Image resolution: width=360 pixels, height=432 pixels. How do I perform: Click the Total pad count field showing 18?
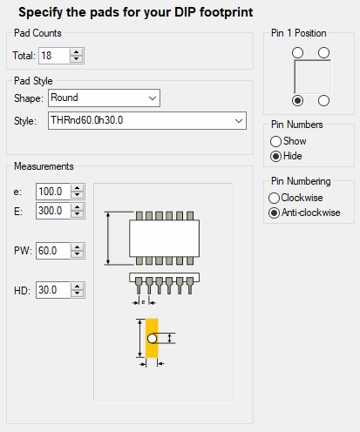(54, 56)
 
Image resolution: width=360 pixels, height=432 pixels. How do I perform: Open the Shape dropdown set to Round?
(104, 98)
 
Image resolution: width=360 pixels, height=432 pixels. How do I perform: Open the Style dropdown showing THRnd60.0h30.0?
(147, 120)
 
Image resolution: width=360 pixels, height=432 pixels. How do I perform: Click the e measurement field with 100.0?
(53, 192)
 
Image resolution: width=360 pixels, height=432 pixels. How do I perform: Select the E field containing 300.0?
(53, 211)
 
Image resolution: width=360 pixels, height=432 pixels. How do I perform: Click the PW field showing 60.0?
(53, 251)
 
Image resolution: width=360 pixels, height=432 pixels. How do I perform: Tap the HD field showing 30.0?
(53, 290)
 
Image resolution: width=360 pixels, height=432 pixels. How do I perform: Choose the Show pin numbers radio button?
(275, 141)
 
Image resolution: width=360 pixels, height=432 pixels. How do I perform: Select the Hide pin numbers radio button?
(275, 157)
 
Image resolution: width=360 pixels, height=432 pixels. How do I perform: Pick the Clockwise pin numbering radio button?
(274, 198)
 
